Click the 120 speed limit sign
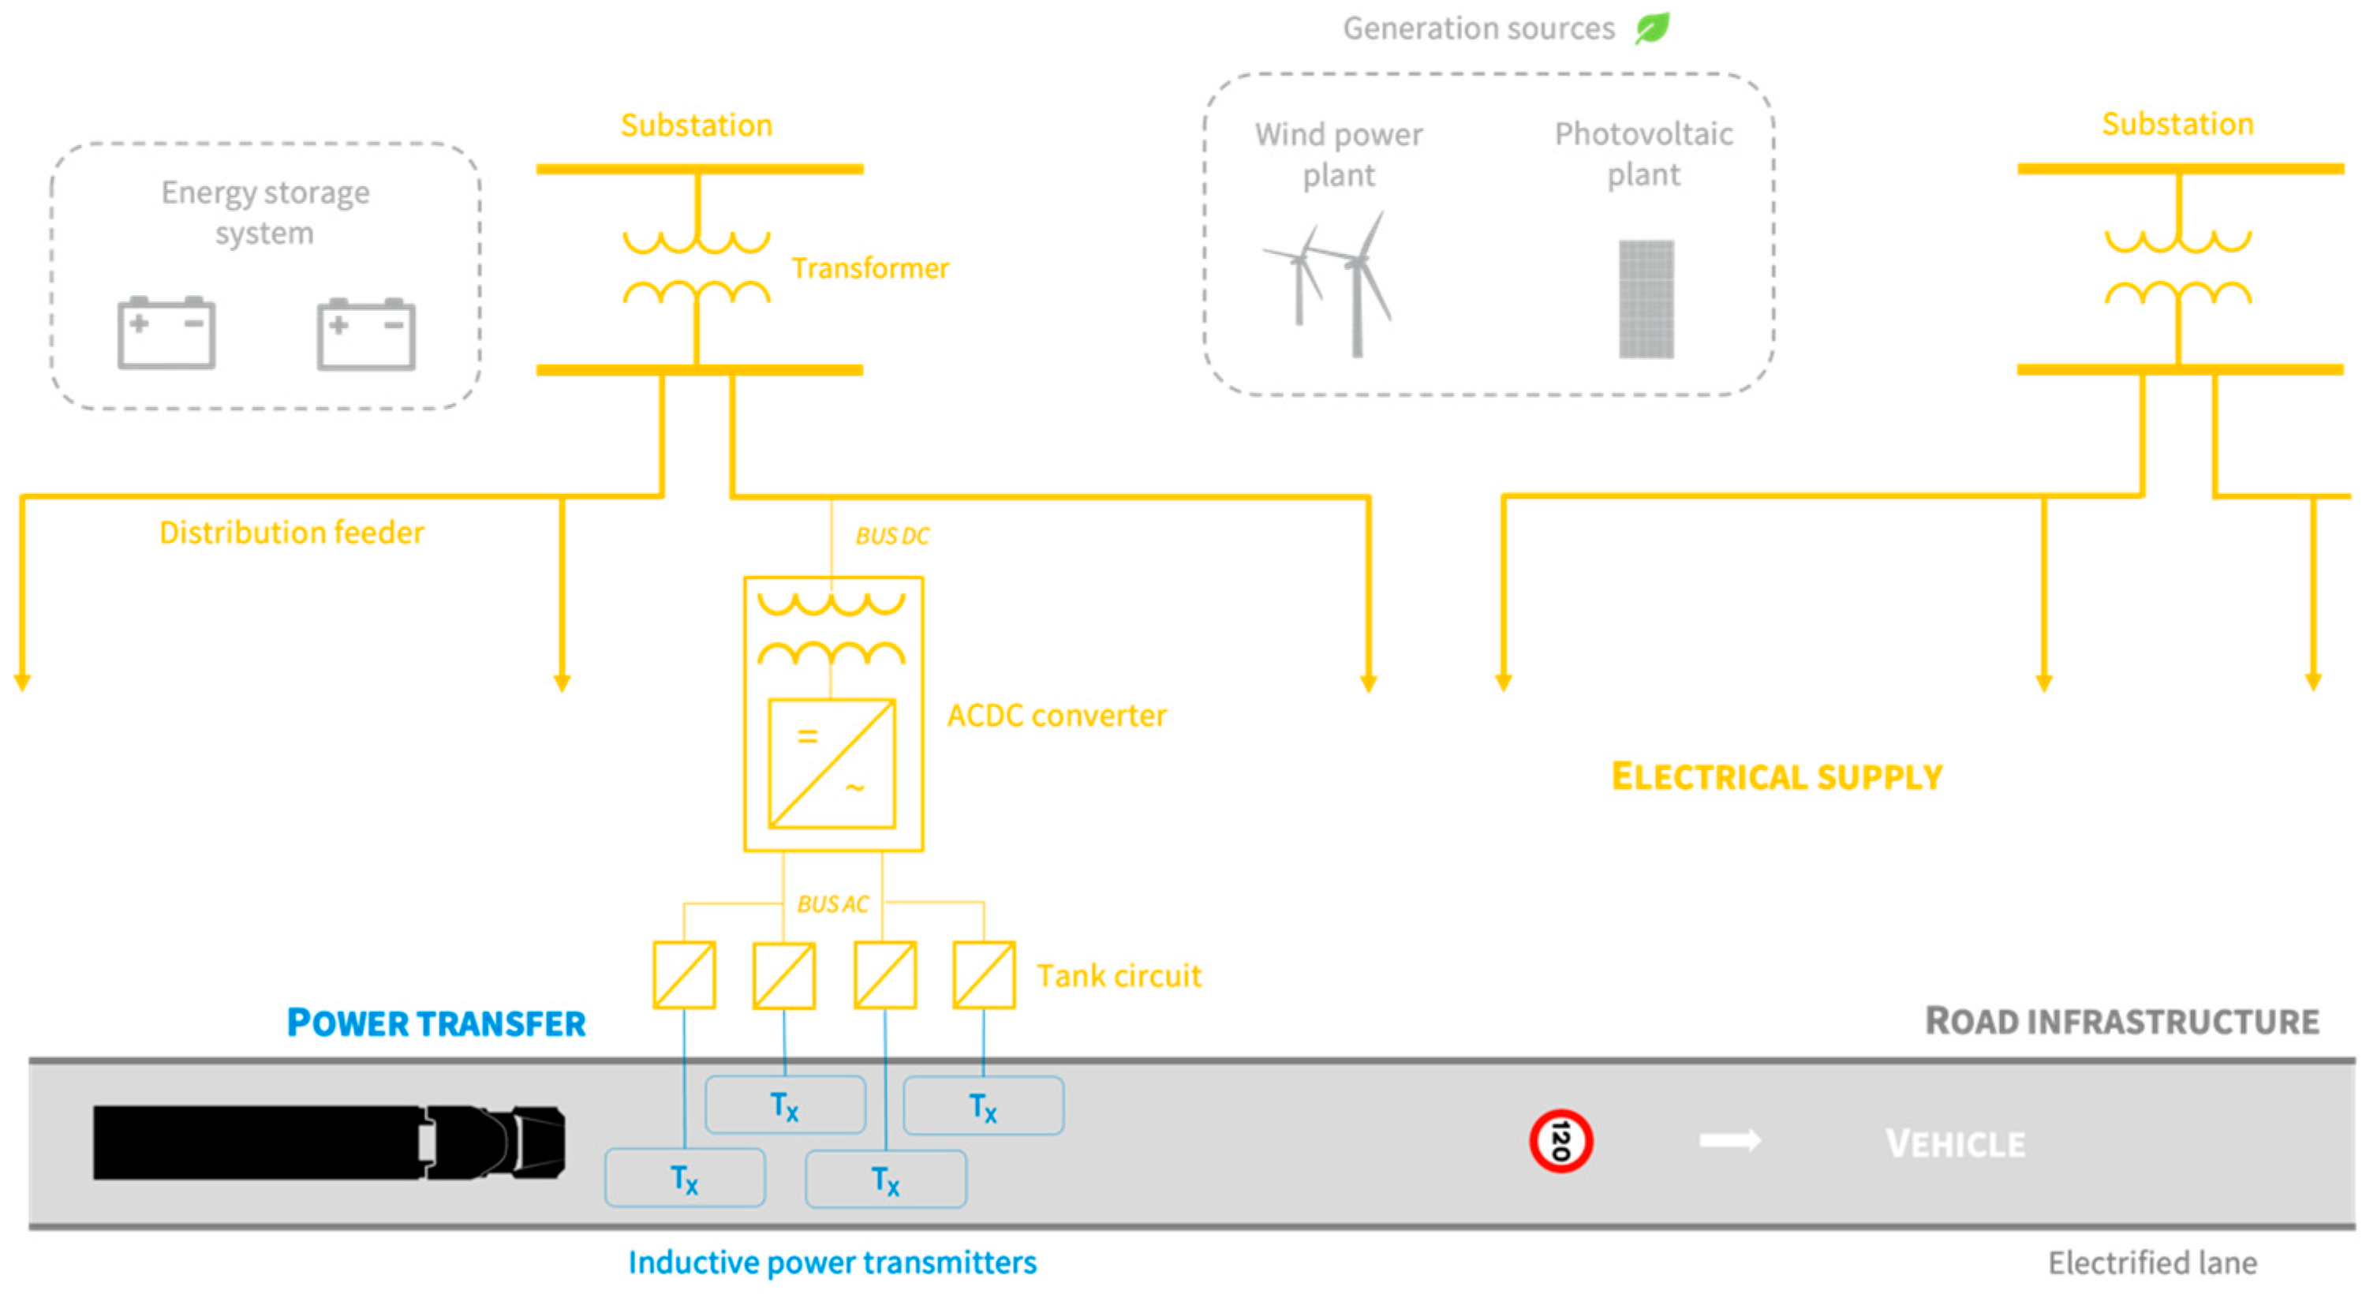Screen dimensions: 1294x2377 point(1560,1141)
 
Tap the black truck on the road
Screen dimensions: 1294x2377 point(327,1142)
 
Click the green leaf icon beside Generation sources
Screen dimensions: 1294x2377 point(1652,28)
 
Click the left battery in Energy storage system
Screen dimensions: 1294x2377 point(166,332)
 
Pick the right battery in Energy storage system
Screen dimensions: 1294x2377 point(365,333)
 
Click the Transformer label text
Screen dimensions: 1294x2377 point(869,267)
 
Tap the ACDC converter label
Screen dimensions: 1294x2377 point(1056,716)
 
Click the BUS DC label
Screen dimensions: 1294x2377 point(891,537)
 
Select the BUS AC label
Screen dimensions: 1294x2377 point(832,903)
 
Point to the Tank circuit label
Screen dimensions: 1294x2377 point(1119,975)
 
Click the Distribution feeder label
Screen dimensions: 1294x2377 point(292,533)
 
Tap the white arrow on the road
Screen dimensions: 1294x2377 point(1729,1141)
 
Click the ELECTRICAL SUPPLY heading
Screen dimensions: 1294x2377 point(1777,777)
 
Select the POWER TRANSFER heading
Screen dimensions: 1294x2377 point(435,1023)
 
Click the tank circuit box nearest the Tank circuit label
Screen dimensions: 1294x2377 point(984,974)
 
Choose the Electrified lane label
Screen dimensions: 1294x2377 point(2152,1262)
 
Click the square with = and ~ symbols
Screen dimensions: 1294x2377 point(832,763)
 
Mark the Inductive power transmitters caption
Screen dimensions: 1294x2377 point(832,1262)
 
